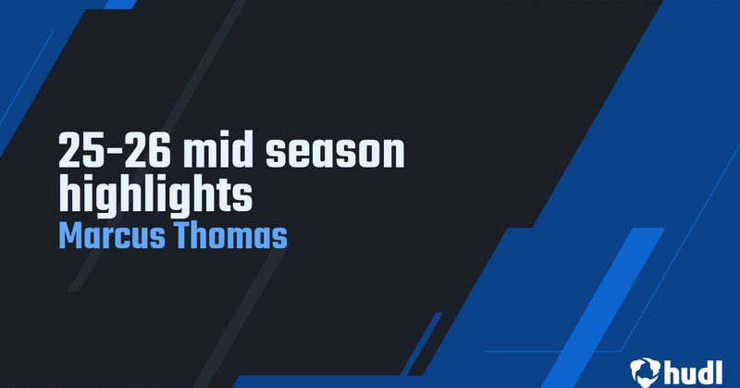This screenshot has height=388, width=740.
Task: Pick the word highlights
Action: (x=154, y=194)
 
